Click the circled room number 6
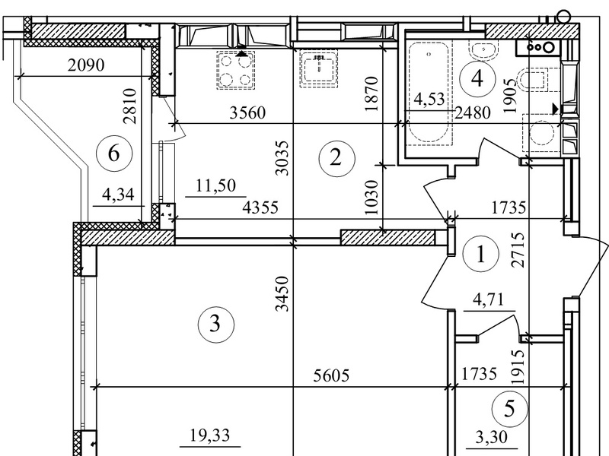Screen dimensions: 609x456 tap(113, 154)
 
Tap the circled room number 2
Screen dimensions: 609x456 tap(336, 158)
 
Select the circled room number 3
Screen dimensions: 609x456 tap(216, 324)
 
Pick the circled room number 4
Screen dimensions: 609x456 tap(477, 79)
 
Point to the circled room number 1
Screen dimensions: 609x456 tap(481, 255)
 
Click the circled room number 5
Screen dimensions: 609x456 tap(509, 409)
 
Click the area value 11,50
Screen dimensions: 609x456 tap(215, 185)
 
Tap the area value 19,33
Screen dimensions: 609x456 tap(210, 435)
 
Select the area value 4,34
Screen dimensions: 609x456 tap(118, 194)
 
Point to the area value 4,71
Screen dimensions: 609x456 tap(488, 299)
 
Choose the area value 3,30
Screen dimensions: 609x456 tap(491, 438)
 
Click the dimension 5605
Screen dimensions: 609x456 tap(331, 375)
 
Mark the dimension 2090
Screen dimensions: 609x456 tap(86, 65)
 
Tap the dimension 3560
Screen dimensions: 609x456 tap(247, 112)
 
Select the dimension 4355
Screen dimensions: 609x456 tap(260, 207)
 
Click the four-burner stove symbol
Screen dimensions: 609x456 tap(235, 70)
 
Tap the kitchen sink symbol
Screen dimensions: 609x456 tap(319, 70)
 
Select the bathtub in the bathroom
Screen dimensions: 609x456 tap(429, 93)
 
